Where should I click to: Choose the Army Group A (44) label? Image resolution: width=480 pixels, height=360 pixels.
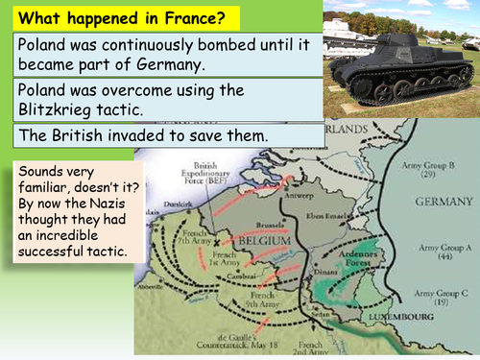pos(442,252)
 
